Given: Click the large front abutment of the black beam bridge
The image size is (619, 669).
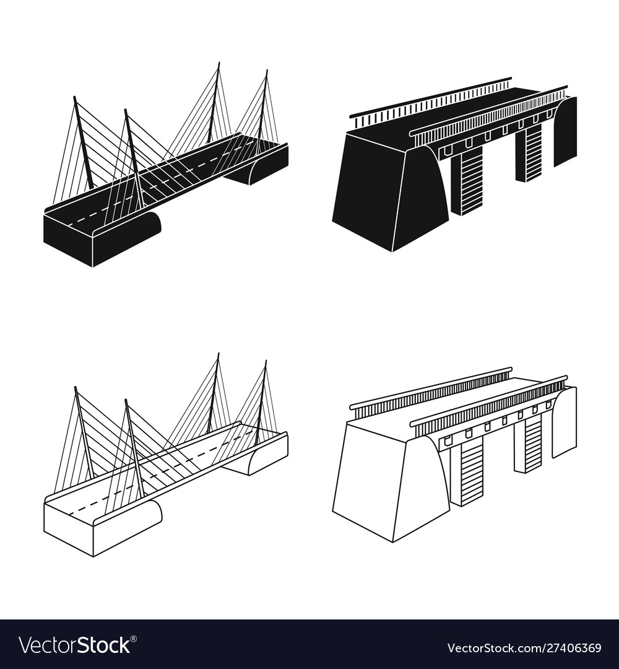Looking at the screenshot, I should click(x=390, y=192).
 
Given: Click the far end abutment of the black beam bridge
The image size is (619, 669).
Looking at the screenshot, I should click(x=565, y=130).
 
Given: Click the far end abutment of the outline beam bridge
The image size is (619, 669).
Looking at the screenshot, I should click(x=565, y=421).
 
